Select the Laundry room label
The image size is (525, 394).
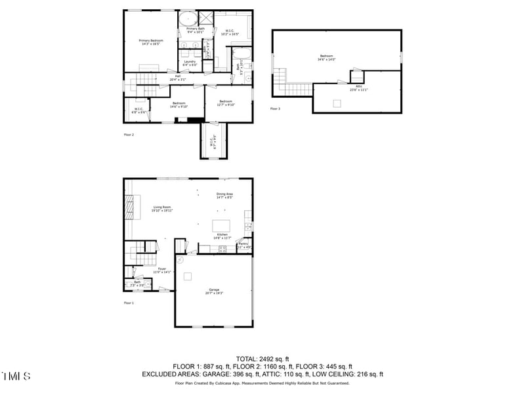click(190, 63)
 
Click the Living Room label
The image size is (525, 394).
click(162, 209)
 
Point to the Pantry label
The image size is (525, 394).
click(243, 245)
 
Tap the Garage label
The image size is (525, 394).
click(214, 291)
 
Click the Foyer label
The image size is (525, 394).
click(161, 270)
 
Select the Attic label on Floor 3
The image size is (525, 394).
click(359, 88)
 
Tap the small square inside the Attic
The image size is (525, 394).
click(337, 102)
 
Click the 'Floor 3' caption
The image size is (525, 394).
click(275, 109)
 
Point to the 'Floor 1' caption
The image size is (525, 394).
click(129, 303)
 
